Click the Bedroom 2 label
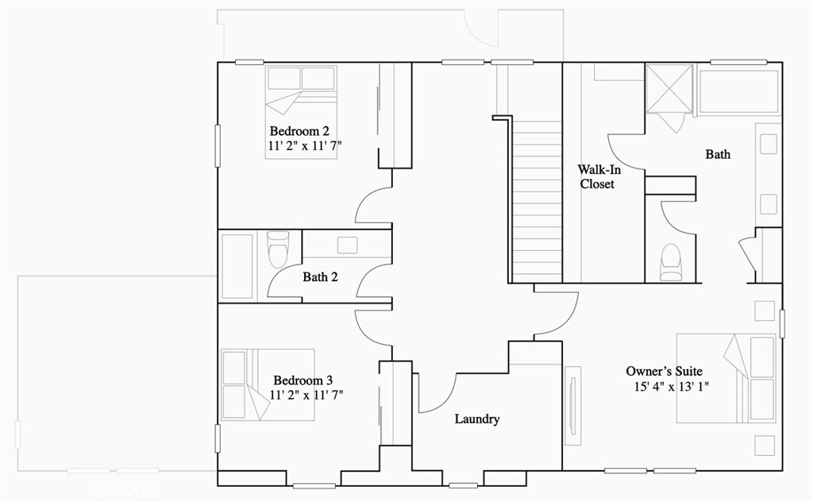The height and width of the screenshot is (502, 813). click(x=299, y=131)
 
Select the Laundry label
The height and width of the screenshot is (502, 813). click(x=476, y=419)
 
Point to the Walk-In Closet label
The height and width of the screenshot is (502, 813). click(x=597, y=176)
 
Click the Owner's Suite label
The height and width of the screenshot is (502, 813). click(x=664, y=371)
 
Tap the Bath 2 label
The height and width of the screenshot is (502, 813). click(x=320, y=277)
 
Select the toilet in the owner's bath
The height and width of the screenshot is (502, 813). click(x=671, y=261)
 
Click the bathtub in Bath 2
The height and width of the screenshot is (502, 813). click(x=237, y=265)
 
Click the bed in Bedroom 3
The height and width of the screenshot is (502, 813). click(x=268, y=384)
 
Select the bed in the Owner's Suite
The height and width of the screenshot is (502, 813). click(x=726, y=377)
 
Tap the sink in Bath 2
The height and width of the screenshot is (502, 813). click(x=347, y=245)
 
